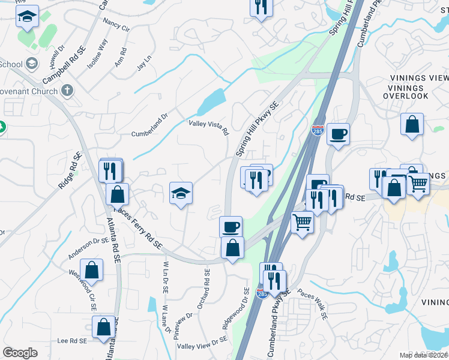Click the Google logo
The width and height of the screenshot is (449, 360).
(20, 353)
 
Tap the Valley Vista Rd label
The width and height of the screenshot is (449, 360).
(209, 127)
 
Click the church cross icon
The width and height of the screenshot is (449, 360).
(68, 91)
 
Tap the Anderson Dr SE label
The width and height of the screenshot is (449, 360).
(88, 248)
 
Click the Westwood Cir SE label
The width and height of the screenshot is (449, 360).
(84, 287)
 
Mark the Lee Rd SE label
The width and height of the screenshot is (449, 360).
(72, 340)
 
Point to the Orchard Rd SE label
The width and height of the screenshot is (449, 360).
(206, 285)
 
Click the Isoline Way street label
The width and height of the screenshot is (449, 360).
(100, 51)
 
